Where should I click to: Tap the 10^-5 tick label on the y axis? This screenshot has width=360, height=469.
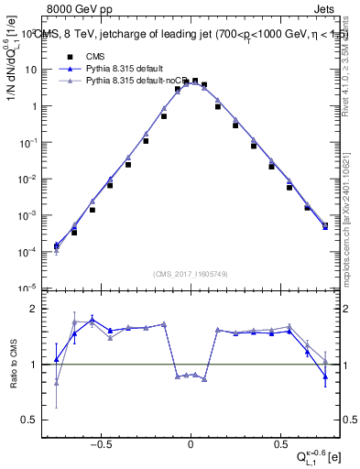[x=31, y=287]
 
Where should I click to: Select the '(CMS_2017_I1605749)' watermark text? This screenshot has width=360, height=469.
[x=191, y=274]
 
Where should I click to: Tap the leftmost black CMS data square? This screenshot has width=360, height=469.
[x=57, y=246]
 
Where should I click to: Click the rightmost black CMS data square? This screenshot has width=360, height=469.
[x=325, y=224]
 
